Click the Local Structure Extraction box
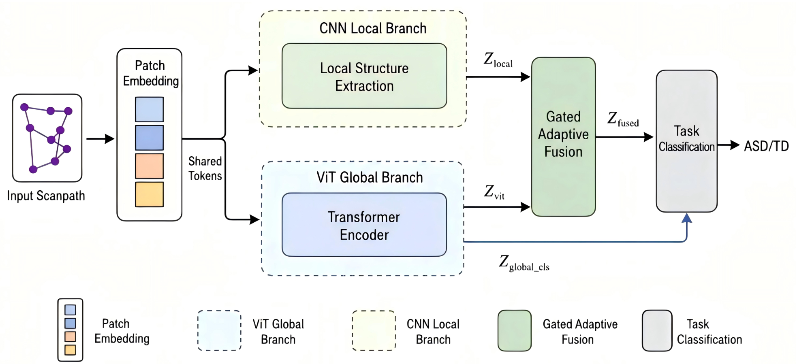click(x=364, y=76)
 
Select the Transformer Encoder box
click(x=364, y=225)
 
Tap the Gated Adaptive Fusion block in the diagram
click(x=563, y=136)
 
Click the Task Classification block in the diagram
click(x=687, y=141)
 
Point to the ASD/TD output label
click(x=766, y=146)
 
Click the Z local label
click(x=498, y=60)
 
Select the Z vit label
click(x=494, y=192)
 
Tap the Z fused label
click(x=623, y=119)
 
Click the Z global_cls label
click(x=524, y=263)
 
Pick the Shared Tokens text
click(x=205, y=168)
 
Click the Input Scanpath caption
click(x=46, y=196)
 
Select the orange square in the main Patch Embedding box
click(x=150, y=166)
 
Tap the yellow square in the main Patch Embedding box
click(x=150, y=194)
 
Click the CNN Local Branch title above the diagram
click(x=373, y=28)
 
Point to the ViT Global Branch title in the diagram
click(x=370, y=177)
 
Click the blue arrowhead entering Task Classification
click(x=686, y=218)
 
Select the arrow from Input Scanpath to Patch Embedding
click(x=100, y=139)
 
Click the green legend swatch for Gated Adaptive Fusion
click(x=515, y=330)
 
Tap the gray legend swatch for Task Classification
click(x=657, y=330)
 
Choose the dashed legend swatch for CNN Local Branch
click(x=374, y=330)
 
